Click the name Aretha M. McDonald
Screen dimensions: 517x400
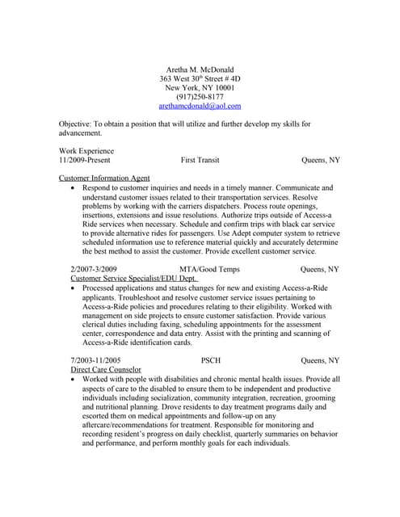pos(200,70)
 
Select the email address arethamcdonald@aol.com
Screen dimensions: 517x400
pos(200,106)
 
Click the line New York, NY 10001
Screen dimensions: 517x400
pos(200,88)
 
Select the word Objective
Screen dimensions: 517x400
pos(74,124)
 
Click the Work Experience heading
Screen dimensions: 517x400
pos(86,151)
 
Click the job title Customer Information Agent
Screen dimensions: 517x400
pos(104,178)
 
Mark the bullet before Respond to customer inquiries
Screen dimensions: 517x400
pos(74,187)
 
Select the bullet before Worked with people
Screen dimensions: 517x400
pos(74,378)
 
